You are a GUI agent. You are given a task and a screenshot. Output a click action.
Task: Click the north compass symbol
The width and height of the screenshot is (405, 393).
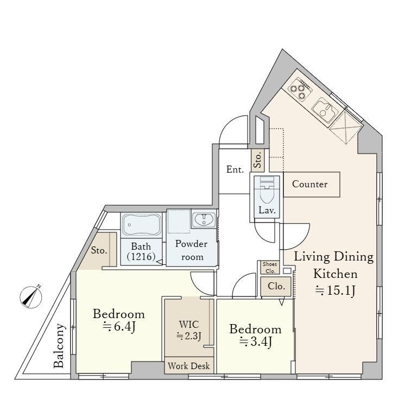tap(31, 297)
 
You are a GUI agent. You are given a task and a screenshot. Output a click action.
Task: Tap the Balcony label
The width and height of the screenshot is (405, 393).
tap(59, 345)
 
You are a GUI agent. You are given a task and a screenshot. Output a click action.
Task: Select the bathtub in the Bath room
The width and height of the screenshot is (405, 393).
tap(141, 224)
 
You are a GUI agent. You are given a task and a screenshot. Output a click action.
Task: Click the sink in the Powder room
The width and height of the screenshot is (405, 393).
tap(204, 219)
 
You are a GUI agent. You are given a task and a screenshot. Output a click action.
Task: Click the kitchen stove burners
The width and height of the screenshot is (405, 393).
tap(300, 90)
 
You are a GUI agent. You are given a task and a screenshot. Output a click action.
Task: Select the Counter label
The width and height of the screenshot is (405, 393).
tap(309, 184)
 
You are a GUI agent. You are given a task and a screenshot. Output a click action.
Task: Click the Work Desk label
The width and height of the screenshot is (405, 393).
tap(189, 366)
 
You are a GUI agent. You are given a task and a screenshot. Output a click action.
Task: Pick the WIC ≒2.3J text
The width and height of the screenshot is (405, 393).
tap(189, 330)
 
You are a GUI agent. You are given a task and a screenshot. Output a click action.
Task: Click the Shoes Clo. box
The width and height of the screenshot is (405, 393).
tap(269, 268)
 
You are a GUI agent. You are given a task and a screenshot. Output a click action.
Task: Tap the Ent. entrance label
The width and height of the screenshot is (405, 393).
tap(235, 169)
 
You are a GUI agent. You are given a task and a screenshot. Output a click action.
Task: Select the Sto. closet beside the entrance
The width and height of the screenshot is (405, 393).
tap(258, 160)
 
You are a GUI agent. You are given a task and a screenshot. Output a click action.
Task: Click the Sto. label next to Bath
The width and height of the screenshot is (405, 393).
tap(99, 250)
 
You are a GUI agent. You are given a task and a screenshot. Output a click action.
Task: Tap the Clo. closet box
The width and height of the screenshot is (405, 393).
tap(276, 287)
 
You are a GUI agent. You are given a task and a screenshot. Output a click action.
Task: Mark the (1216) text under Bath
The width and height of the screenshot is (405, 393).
tap(141, 256)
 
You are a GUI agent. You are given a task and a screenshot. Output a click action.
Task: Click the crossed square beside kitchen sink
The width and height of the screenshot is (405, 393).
tap(346, 127)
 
